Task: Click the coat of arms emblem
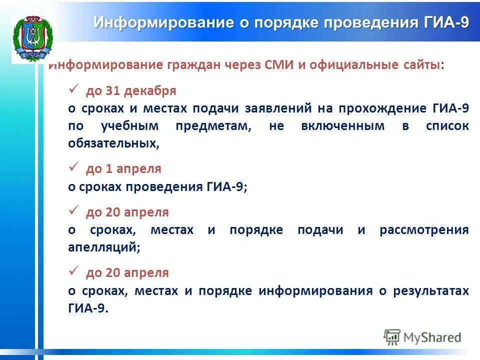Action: click(x=33, y=38)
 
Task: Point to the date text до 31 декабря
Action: click(x=131, y=91)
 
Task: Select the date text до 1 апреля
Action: click(x=123, y=169)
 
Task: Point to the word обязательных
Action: click(x=113, y=143)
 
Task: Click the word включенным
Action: click(x=342, y=126)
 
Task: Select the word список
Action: click(x=447, y=126)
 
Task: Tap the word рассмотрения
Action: click(x=424, y=230)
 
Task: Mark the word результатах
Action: click(x=430, y=291)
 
